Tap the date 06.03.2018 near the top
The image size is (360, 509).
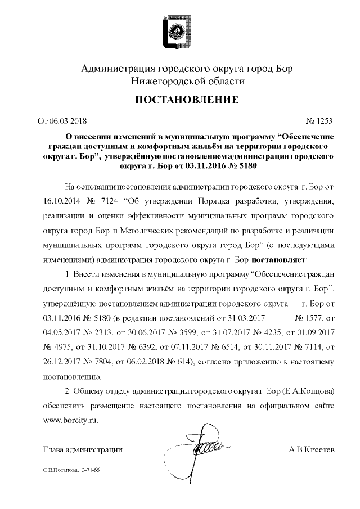coord(69,120)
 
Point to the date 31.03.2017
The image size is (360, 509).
coord(244,318)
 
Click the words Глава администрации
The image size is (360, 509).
coord(83,450)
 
